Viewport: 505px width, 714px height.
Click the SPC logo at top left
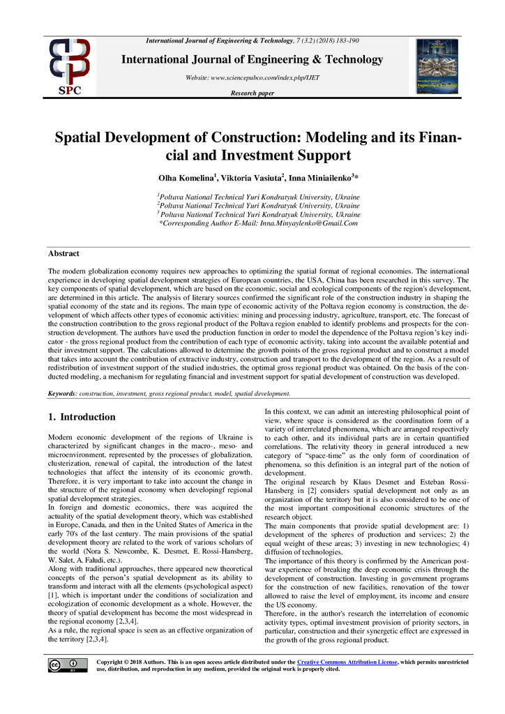(68, 68)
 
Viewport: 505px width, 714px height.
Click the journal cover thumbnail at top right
(437, 66)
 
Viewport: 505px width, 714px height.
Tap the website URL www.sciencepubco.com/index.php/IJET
(252, 77)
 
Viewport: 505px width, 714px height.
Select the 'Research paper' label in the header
(252, 93)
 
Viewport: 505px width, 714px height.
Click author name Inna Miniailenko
(312, 178)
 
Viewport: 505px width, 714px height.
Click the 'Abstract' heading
(63, 254)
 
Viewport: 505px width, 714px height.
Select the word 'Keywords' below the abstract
(61, 394)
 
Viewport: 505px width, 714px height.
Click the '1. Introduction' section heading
(81, 417)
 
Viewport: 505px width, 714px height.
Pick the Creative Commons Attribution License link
(347, 661)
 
